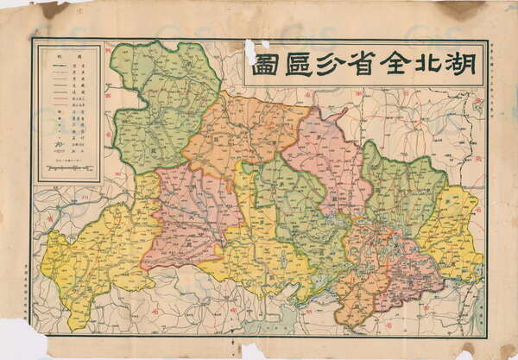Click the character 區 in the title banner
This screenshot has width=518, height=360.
(x=292, y=65)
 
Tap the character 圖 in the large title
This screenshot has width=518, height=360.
(x=263, y=65)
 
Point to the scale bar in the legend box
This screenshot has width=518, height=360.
(x=70, y=167)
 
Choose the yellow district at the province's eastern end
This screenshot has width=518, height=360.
(x=453, y=229)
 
